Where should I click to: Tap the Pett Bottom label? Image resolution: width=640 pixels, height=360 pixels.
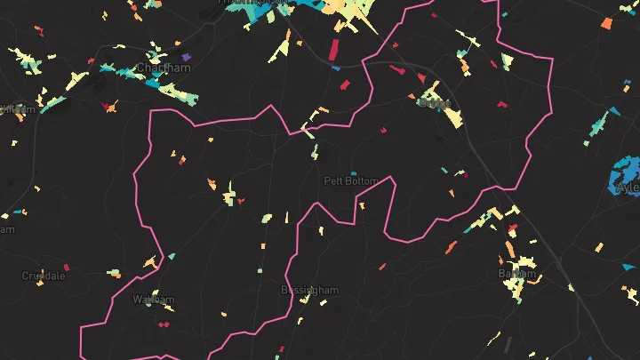pyautogui.click(x=350, y=180)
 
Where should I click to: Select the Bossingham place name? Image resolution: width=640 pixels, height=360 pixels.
pyautogui.click(x=309, y=291)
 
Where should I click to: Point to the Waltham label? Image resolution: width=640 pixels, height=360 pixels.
pyautogui.click(x=153, y=300)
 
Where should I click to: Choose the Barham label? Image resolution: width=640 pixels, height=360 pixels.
pyautogui.click(x=517, y=273)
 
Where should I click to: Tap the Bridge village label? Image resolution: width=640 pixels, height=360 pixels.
pyautogui.click(x=434, y=102)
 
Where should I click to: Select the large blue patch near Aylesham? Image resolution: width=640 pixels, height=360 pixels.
pyautogui.click(x=625, y=173)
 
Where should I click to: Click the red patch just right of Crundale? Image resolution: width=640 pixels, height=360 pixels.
pyautogui.click(x=67, y=267)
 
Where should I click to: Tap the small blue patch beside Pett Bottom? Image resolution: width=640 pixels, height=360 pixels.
pyautogui.click(x=353, y=173)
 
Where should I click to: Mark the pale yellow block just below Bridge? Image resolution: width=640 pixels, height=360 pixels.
pyautogui.click(x=453, y=117)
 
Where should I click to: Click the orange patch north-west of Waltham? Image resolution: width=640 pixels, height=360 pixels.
pyautogui.click(x=149, y=264)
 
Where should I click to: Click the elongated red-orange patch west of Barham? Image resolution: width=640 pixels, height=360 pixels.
pyautogui.click(x=382, y=266)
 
